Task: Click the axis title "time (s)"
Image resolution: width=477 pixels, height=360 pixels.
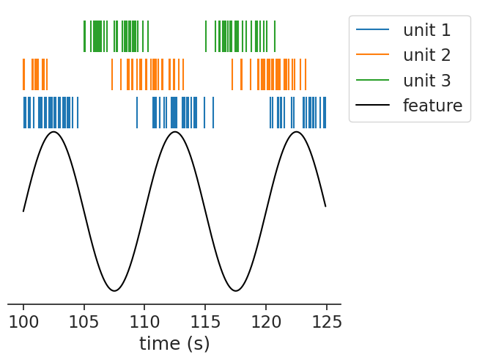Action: [x=174, y=343]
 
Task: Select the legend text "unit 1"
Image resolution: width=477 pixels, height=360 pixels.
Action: [x=426, y=30]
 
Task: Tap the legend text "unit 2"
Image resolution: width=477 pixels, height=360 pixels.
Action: [x=426, y=55]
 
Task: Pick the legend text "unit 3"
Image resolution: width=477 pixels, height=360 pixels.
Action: [x=426, y=80]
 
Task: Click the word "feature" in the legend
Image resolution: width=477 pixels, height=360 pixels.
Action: [x=432, y=105]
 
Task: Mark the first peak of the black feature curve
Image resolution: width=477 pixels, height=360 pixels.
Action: [x=53, y=132]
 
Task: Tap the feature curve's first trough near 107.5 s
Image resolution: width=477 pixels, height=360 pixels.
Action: [x=114, y=291]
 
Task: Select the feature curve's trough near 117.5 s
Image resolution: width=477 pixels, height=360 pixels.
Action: [x=235, y=291]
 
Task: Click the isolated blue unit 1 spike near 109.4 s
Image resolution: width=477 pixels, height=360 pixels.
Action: [x=137, y=112]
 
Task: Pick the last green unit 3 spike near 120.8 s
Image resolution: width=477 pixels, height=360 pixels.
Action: [x=275, y=36]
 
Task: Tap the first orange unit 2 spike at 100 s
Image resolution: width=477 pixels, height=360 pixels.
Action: [x=23, y=74]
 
